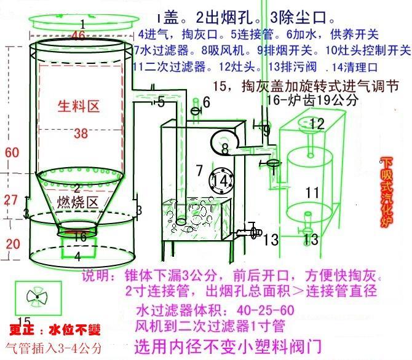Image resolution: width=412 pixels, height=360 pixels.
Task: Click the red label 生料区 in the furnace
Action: click(x=79, y=106)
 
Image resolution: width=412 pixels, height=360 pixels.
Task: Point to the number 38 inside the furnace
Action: click(x=81, y=133)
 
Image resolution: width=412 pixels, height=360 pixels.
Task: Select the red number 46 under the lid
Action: click(x=78, y=36)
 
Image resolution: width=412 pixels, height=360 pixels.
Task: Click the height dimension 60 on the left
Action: click(x=11, y=152)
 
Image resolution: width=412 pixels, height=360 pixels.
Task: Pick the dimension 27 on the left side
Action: click(x=12, y=200)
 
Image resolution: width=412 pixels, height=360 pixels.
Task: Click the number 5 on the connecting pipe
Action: click(x=161, y=101)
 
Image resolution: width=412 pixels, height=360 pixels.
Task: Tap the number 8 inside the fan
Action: click(x=225, y=148)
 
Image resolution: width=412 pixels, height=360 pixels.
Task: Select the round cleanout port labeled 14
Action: click(x=220, y=180)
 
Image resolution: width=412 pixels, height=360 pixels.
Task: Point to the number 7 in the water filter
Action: click(x=199, y=169)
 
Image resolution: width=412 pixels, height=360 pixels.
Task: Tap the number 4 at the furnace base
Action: click(x=77, y=255)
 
